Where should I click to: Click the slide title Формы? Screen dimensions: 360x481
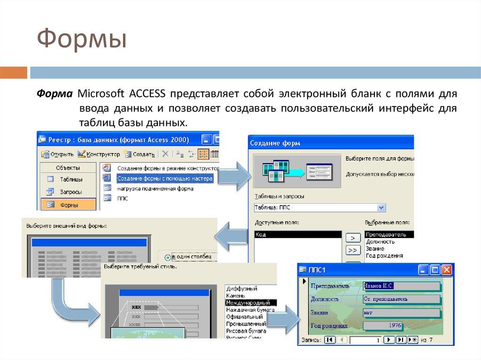coord(82,39)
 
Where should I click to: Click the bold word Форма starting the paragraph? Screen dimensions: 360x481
coord(55,93)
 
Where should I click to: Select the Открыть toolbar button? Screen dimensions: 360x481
coord(57,153)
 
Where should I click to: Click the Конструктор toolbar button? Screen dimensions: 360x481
coord(99,153)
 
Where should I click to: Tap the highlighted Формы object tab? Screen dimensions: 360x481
coord(68,205)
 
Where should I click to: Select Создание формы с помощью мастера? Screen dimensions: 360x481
coord(164,178)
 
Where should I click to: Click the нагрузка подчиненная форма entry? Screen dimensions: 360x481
coord(155,189)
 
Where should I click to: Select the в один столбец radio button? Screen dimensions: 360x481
coord(168,257)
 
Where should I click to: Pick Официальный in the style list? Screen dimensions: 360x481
coord(244,317)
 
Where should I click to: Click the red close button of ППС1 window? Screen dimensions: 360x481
coord(446,270)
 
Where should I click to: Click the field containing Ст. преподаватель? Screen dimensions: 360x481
coord(402,299)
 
